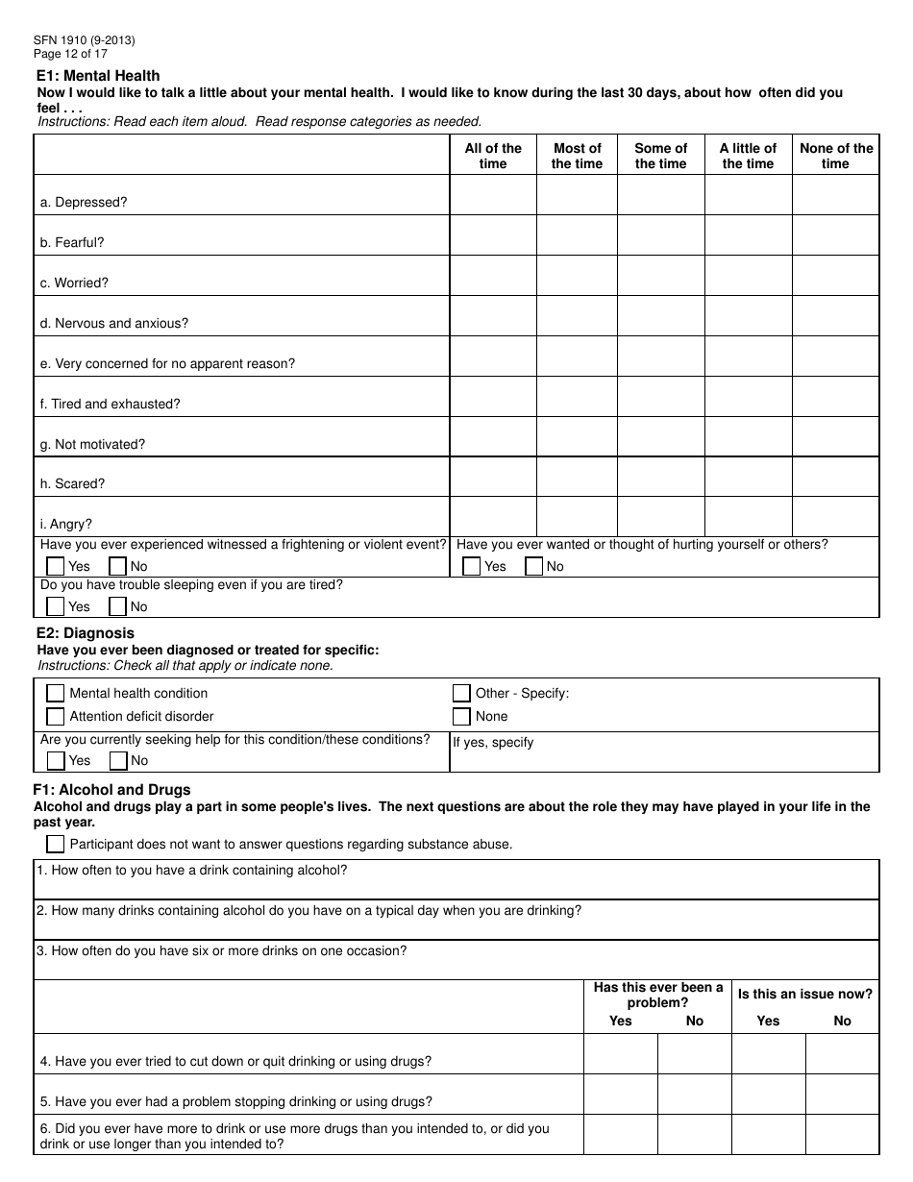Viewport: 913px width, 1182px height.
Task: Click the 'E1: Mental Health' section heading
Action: click(98, 76)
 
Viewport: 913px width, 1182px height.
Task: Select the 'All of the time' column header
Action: click(492, 156)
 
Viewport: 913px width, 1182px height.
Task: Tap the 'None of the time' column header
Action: click(835, 156)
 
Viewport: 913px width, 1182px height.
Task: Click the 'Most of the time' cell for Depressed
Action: click(577, 195)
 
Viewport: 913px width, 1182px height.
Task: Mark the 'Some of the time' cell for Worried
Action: click(660, 276)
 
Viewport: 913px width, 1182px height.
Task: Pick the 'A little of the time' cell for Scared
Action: click(748, 477)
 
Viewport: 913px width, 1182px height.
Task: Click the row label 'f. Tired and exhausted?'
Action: click(110, 405)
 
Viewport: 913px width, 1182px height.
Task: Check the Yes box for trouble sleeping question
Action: click(56, 606)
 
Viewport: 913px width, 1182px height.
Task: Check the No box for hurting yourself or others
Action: click(534, 566)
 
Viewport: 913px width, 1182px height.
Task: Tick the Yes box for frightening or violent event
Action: click(56, 566)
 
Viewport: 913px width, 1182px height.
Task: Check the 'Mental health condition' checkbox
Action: click(56, 693)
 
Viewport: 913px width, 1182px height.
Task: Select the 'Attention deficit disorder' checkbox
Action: click(56, 716)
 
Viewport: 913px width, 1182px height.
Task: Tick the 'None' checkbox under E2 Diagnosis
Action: click(461, 716)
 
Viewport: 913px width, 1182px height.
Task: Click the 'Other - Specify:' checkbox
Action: click(461, 693)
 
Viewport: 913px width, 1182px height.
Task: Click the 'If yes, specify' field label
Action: click(493, 743)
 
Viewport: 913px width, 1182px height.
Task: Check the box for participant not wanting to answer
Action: click(56, 844)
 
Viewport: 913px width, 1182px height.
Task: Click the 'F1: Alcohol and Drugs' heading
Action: click(113, 790)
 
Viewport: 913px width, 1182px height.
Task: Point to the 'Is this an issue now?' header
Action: click(804, 995)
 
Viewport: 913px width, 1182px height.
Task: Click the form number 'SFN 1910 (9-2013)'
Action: click(84, 40)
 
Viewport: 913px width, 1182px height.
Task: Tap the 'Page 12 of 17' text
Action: click(70, 54)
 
